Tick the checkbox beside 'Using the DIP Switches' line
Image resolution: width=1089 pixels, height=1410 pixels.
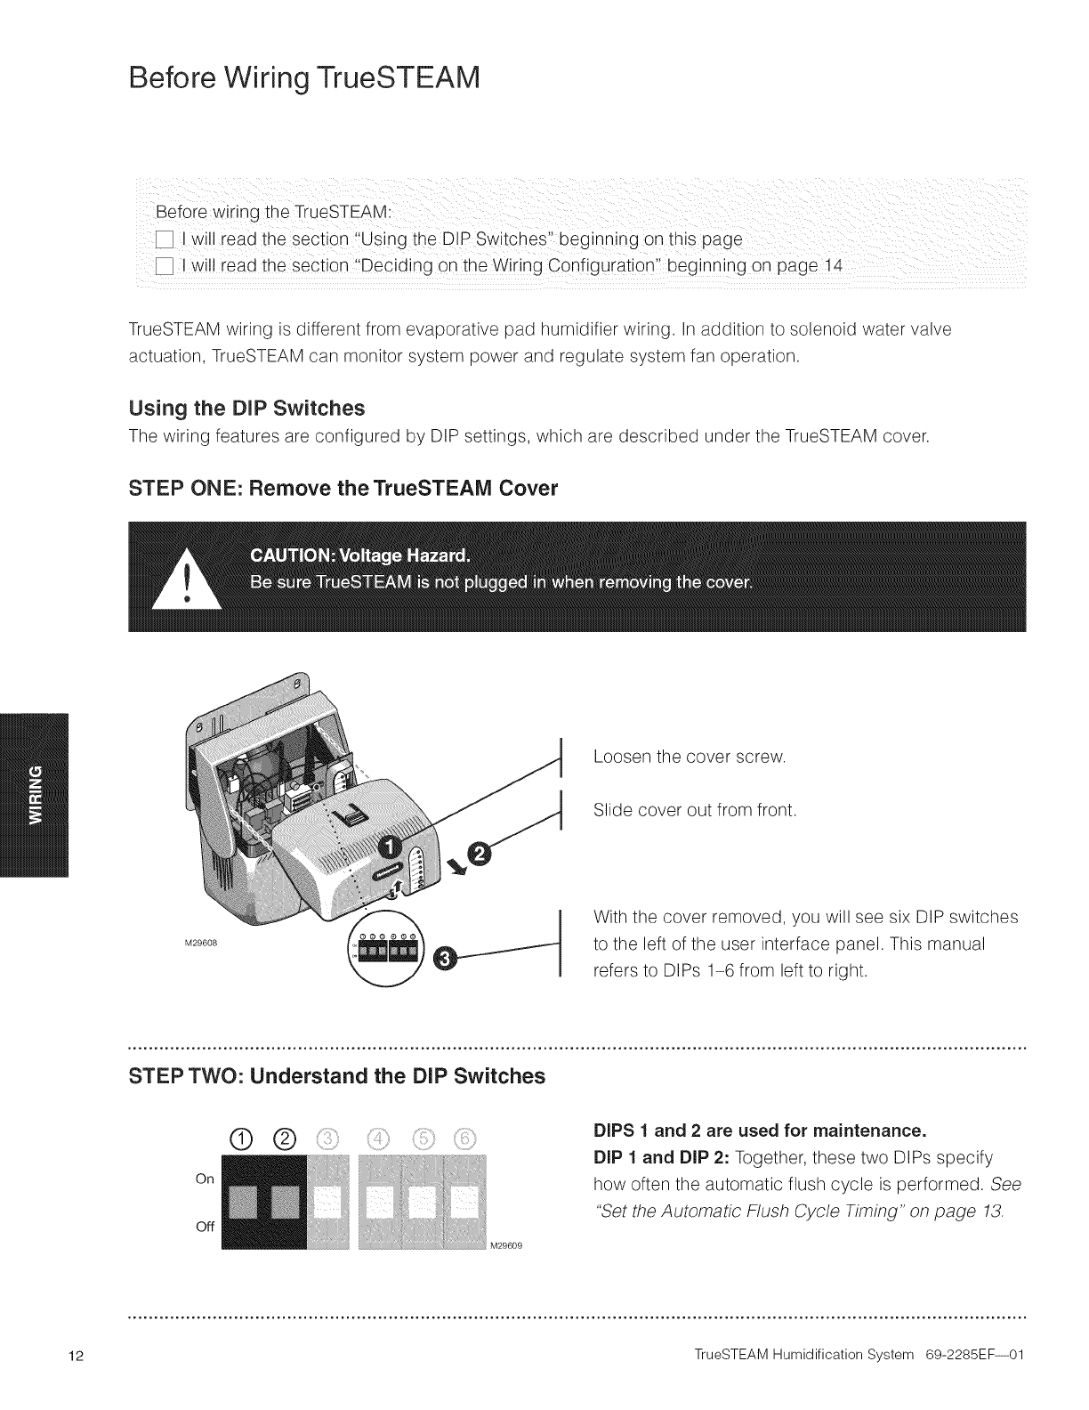click(164, 239)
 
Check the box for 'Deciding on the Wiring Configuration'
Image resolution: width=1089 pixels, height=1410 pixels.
click(164, 266)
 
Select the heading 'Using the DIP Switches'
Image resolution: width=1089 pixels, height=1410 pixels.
click(246, 409)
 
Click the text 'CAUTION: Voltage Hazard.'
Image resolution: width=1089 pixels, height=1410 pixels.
click(359, 557)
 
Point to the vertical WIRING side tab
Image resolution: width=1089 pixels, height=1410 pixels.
click(34, 794)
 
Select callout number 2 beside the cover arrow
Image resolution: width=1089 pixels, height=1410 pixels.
click(479, 855)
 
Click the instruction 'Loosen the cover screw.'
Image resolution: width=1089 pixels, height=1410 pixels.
click(690, 758)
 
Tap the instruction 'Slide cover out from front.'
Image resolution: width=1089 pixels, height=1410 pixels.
click(696, 811)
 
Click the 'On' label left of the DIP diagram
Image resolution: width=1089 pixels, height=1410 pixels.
click(204, 1179)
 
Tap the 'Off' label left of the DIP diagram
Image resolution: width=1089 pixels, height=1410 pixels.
click(204, 1226)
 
